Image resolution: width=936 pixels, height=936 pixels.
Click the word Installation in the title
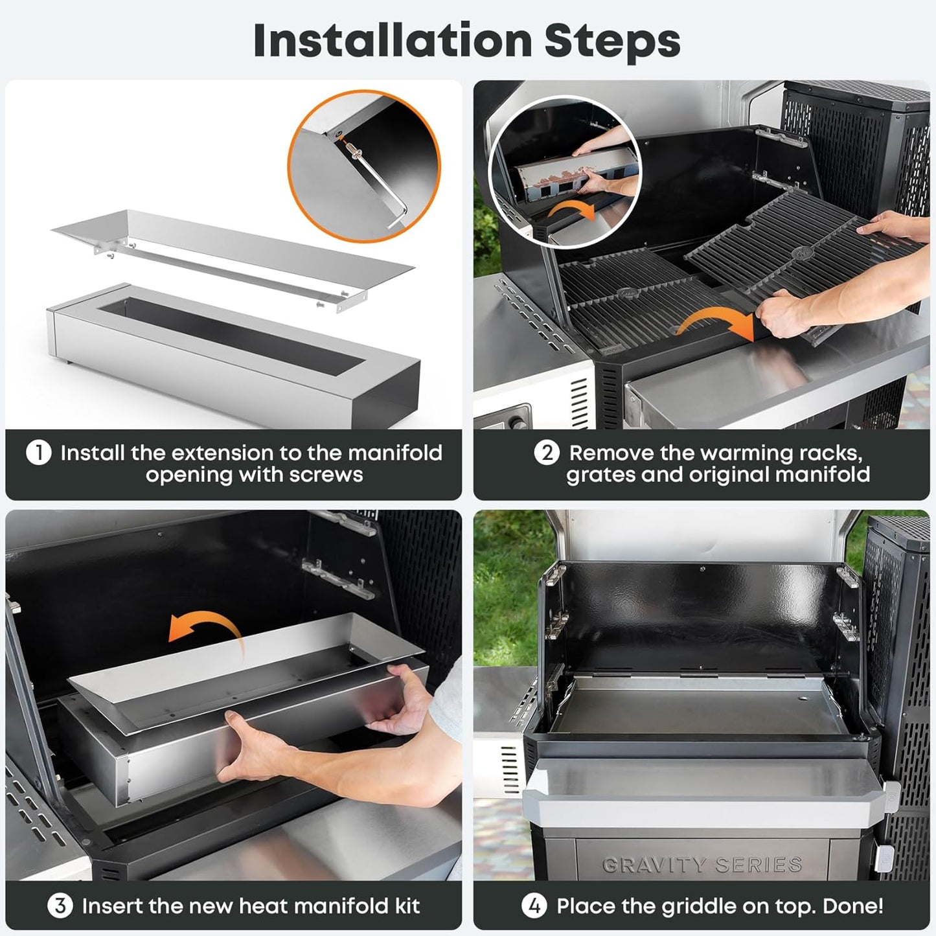(x=393, y=40)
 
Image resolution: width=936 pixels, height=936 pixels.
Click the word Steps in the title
(x=612, y=40)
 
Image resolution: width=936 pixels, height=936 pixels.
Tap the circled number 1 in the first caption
(x=39, y=452)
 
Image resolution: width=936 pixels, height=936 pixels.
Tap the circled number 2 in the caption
(x=547, y=452)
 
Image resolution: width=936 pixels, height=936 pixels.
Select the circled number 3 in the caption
(x=60, y=905)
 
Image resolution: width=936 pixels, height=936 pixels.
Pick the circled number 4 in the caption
(x=534, y=905)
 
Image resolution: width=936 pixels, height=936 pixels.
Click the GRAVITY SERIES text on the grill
(x=702, y=865)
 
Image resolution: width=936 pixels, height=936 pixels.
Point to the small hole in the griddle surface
(x=804, y=700)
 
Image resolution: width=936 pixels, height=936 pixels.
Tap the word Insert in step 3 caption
(x=110, y=905)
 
